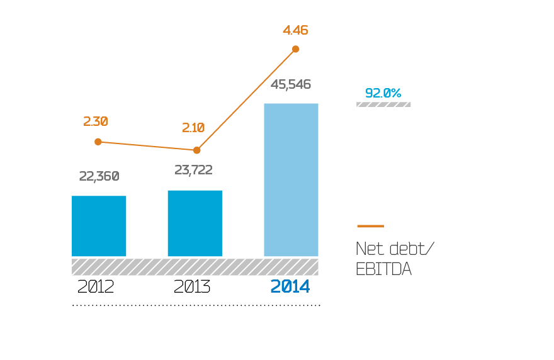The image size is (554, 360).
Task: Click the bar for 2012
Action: [99, 226]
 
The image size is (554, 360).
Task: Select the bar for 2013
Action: [195, 223]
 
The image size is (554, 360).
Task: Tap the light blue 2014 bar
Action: [291, 179]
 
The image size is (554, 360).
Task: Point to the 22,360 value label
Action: [99, 176]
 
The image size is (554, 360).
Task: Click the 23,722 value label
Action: [193, 169]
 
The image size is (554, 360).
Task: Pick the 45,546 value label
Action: [291, 84]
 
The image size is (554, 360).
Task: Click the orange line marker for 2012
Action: [98, 142]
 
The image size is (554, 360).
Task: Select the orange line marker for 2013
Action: [197, 150]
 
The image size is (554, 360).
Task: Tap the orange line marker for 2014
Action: [295, 49]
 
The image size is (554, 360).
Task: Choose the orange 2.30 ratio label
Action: [96, 121]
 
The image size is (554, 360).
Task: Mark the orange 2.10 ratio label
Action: [193, 127]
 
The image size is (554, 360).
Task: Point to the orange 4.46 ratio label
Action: [295, 30]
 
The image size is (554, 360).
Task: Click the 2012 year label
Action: [96, 287]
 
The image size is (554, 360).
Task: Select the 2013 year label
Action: [192, 287]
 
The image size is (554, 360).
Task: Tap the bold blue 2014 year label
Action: [290, 287]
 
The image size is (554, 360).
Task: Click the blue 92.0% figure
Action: [383, 93]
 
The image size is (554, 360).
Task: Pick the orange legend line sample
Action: [370, 226]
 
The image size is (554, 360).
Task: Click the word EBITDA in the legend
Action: [383, 269]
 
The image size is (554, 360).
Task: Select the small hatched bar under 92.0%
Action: [383, 104]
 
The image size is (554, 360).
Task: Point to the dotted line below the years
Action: [196, 305]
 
